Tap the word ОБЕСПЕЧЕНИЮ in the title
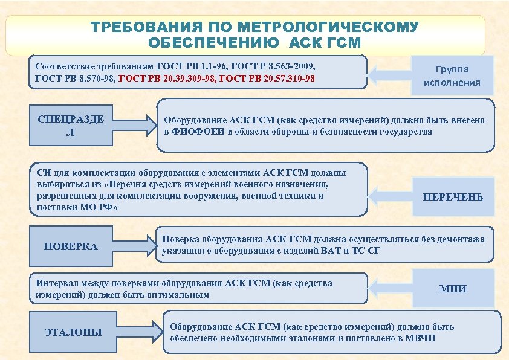tap(213, 43)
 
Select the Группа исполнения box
tap(452, 76)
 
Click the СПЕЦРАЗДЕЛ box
tap(70, 126)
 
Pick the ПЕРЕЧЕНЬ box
tap(453, 197)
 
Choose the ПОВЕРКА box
tap(71, 246)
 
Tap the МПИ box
tap(452, 289)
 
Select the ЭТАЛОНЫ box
tap(73, 332)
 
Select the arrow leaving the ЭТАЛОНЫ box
tap(140, 330)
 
